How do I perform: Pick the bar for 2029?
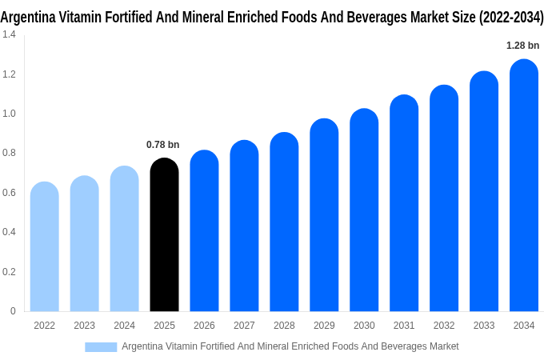pyautogui.click(x=324, y=215)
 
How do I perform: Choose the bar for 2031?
pyautogui.click(x=404, y=203)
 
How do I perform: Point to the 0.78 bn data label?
pyautogui.click(x=163, y=145)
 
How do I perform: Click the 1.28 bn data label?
pyautogui.click(x=523, y=46)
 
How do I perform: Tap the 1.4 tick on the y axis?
pyautogui.click(x=9, y=34)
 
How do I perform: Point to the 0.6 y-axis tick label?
pyautogui.click(x=9, y=193)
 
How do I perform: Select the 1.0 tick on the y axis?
pyautogui.click(x=9, y=114)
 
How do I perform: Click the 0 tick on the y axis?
pyautogui.click(x=13, y=311)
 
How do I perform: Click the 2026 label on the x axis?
pyautogui.click(x=204, y=326)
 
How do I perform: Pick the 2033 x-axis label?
pyautogui.click(x=484, y=326)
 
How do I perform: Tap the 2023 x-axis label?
pyautogui.click(x=84, y=326)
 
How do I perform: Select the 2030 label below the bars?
pyautogui.click(x=364, y=326)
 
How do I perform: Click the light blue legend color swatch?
pyautogui.click(x=101, y=346)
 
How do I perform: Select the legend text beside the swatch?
pyautogui.click(x=290, y=346)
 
